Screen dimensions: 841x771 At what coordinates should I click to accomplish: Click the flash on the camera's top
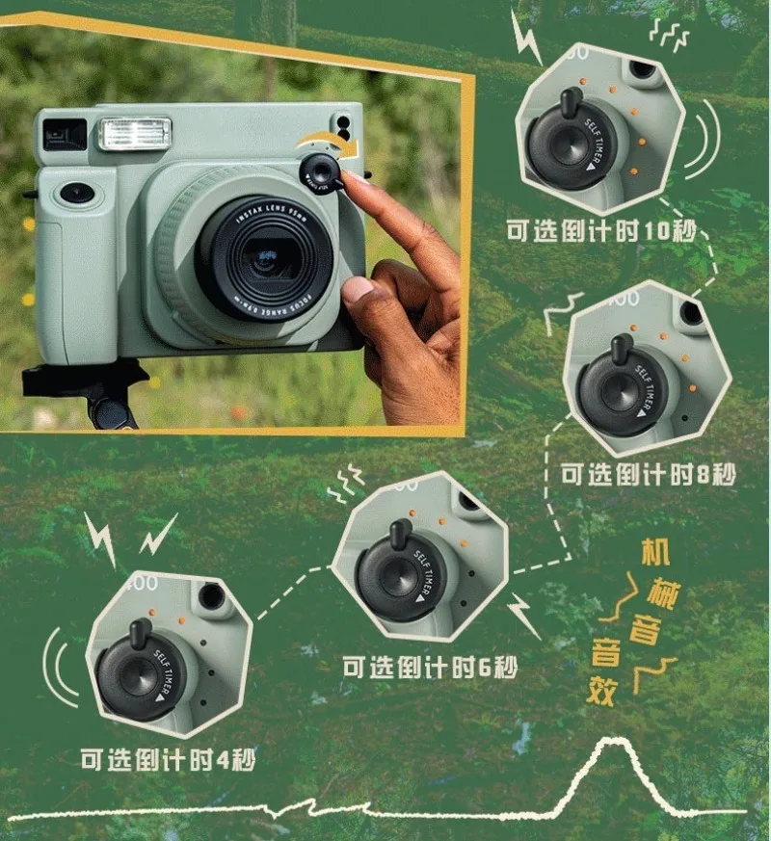pyautogui.click(x=135, y=134)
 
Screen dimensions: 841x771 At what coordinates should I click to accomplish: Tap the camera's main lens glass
pyautogui.click(x=263, y=255)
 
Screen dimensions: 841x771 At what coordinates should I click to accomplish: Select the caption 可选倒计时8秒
pyautogui.click(x=649, y=474)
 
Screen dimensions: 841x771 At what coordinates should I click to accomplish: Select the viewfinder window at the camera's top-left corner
pyautogui.click(x=64, y=133)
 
